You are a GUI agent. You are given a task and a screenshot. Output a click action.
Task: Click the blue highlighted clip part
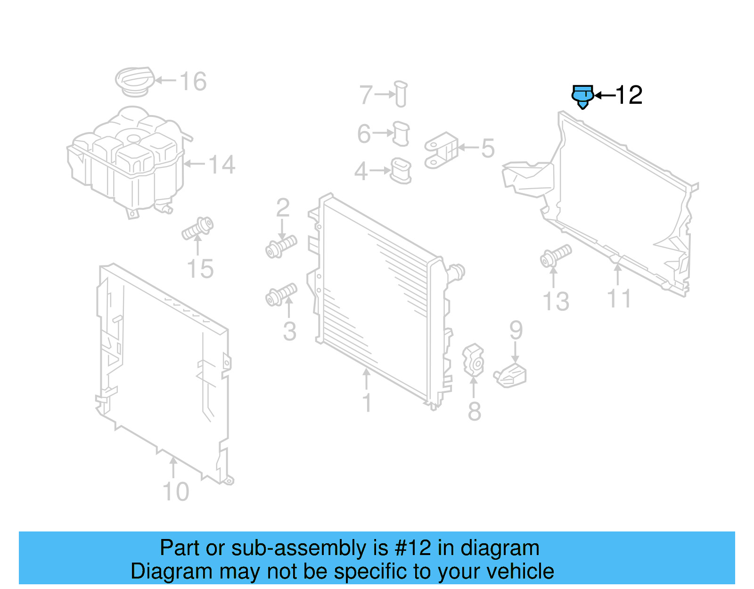click(x=582, y=96)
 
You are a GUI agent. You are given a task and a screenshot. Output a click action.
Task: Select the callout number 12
click(x=629, y=95)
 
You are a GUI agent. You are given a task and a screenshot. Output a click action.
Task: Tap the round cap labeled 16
click(x=135, y=81)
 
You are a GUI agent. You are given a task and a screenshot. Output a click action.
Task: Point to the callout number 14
click(x=221, y=165)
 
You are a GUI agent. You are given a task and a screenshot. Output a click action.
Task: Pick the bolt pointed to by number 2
click(x=281, y=246)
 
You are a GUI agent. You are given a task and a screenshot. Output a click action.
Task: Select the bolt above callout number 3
click(x=281, y=295)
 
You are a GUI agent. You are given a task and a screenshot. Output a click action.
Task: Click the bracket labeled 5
click(x=441, y=150)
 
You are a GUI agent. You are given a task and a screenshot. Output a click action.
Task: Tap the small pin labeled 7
click(x=401, y=94)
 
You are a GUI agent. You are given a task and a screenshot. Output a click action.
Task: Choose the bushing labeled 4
click(x=401, y=171)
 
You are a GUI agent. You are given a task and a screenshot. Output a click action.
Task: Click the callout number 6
click(x=364, y=133)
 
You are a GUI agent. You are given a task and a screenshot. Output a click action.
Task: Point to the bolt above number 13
click(x=556, y=255)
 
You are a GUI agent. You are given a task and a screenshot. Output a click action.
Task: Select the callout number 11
click(x=619, y=299)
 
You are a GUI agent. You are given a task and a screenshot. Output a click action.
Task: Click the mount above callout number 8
click(x=474, y=360)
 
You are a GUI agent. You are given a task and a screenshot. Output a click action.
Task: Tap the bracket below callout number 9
click(x=511, y=376)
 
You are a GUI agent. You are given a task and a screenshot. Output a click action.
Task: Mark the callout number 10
click(x=176, y=492)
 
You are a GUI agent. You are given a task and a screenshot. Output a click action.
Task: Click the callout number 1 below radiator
click(x=367, y=404)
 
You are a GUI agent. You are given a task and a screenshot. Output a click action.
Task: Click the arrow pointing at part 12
click(x=605, y=95)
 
